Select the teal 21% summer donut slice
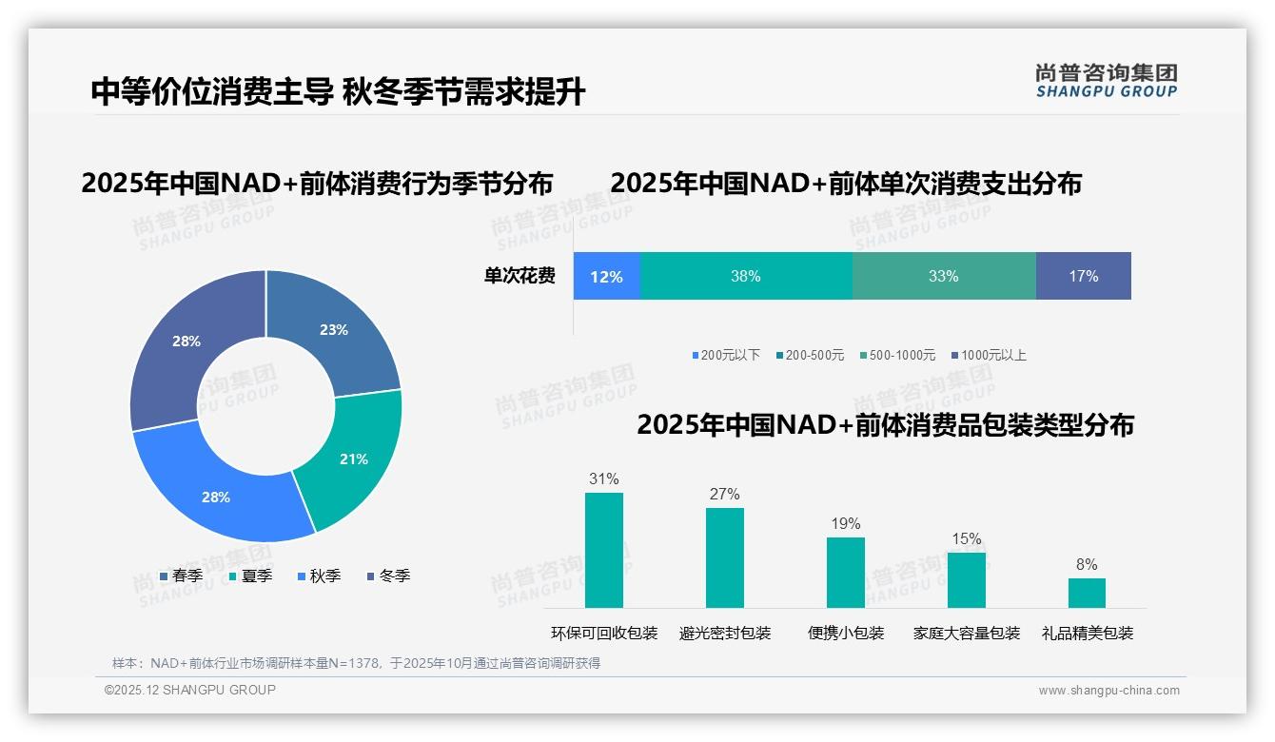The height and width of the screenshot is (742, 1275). [352, 459]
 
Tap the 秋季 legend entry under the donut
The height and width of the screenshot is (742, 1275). [319, 576]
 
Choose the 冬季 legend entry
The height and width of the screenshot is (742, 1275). [388, 576]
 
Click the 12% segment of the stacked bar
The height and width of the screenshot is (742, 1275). [606, 277]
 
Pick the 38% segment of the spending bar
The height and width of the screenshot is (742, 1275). [746, 277]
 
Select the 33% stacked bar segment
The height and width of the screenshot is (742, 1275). [943, 277]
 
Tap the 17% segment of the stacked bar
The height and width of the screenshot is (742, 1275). [1083, 277]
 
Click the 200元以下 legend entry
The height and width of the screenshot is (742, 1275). [726, 356]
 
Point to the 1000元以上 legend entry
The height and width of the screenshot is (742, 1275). [989, 356]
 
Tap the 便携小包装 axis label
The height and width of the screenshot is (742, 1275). [846, 634]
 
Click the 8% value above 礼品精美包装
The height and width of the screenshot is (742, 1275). [1087, 565]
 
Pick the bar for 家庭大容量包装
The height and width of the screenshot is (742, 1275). [966, 579]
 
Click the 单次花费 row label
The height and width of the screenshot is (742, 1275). [520, 277]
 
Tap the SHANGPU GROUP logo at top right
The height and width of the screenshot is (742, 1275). [1106, 81]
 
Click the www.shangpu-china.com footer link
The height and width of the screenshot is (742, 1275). [1108, 691]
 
